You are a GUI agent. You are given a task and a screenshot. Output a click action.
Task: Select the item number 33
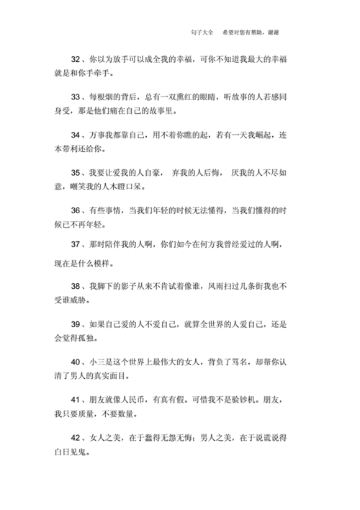coord(76,96)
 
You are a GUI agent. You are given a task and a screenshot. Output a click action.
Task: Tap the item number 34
coord(76,134)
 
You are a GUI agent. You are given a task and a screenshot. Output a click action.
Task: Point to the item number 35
coord(76,172)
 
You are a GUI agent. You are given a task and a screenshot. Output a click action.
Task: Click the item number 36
coord(76,210)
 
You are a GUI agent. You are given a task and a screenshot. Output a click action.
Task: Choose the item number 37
coord(76,245)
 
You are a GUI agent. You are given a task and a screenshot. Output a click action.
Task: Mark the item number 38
coord(76,287)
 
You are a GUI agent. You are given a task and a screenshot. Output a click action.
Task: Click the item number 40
coord(76,361)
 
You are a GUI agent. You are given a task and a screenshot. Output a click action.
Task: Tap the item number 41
coord(76,399)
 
